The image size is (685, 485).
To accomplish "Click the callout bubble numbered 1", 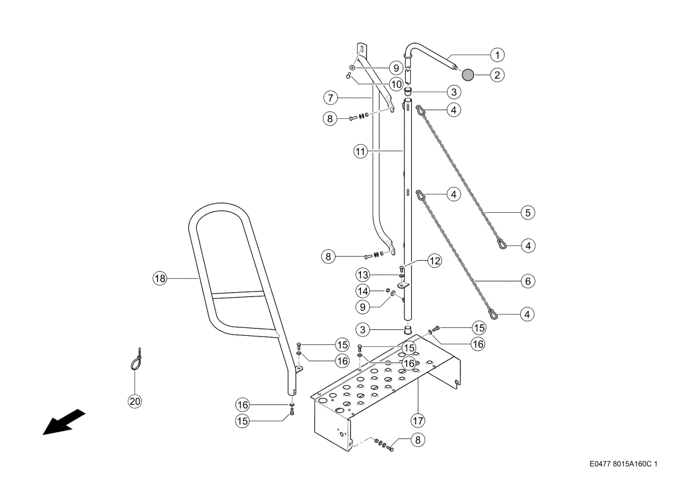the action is [497, 55].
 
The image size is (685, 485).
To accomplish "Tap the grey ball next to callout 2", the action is [468, 75].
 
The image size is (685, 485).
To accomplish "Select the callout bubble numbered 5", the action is [528, 213].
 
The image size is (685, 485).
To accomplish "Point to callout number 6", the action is [528, 281].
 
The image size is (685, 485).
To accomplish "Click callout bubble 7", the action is [331, 98].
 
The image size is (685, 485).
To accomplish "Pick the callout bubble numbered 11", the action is [360, 152].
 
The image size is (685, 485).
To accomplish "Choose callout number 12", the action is [435, 261].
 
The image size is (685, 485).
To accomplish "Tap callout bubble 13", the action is [363, 275].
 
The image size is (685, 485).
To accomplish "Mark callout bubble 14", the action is [363, 291].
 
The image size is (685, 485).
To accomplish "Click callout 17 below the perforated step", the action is [418, 421].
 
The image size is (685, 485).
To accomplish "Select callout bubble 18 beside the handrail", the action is [160, 278].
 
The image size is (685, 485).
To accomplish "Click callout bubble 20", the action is [135, 401].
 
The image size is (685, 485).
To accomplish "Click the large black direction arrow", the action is [64, 422].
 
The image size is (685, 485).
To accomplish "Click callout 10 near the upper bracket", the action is [396, 84].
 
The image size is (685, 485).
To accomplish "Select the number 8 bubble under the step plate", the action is [418, 440].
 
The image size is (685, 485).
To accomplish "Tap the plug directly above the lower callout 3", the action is [408, 329].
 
